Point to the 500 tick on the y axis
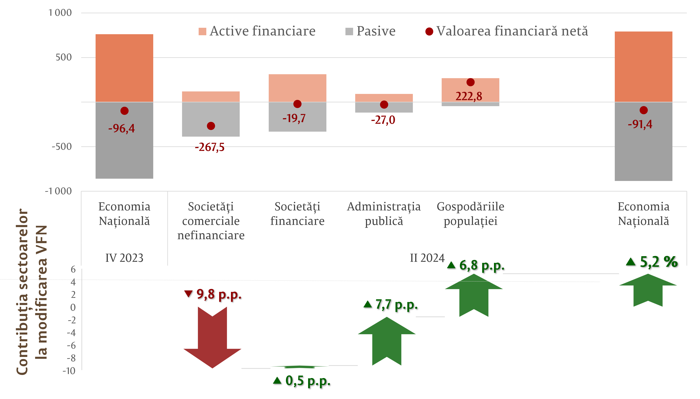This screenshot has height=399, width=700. [64, 57]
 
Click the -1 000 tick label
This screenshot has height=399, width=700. [58, 191]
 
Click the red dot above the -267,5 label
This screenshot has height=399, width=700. [211, 126]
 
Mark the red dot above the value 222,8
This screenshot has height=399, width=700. [470, 82]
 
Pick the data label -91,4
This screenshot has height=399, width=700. [640, 124]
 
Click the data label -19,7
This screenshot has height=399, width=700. [294, 118]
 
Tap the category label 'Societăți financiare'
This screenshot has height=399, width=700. [297, 214]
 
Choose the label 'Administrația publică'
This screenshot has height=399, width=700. [384, 214]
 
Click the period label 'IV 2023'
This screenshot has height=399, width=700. [124, 258]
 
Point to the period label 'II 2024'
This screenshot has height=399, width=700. [427, 258]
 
